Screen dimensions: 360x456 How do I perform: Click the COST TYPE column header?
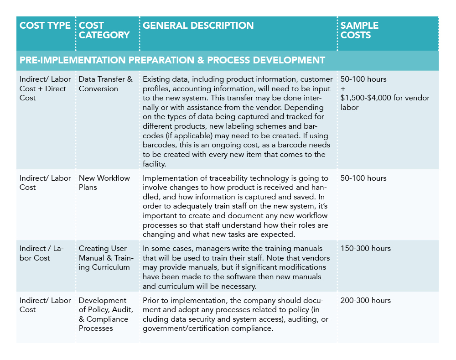pyautogui.click(x=45, y=26)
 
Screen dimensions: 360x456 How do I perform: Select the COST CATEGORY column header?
pyautogui.click(x=104, y=30)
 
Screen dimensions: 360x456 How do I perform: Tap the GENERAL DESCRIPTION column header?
pyautogui.click(x=198, y=26)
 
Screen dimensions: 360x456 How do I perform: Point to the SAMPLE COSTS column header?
pyautogui.click(x=359, y=30)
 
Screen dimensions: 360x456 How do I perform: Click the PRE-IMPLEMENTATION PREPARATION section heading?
pyautogui.click(x=172, y=60)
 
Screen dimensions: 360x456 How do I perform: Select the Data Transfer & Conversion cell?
pyautogui.click(x=105, y=84)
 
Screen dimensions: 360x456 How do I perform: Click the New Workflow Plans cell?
pyautogui.click(x=104, y=183)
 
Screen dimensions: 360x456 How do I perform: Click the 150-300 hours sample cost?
pyautogui.click(x=365, y=249)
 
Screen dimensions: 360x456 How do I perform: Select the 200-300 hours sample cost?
pyautogui.click(x=365, y=301)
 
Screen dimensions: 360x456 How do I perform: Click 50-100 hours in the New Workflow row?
pyautogui.click(x=363, y=178)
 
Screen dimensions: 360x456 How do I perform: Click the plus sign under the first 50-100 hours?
pyautogui.click(x=342, y=89)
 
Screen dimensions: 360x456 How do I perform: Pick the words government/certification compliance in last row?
pyautogui.click(x=208, y=328)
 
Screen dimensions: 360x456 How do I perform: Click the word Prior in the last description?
pyautogui.click(x=151, y=301)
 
